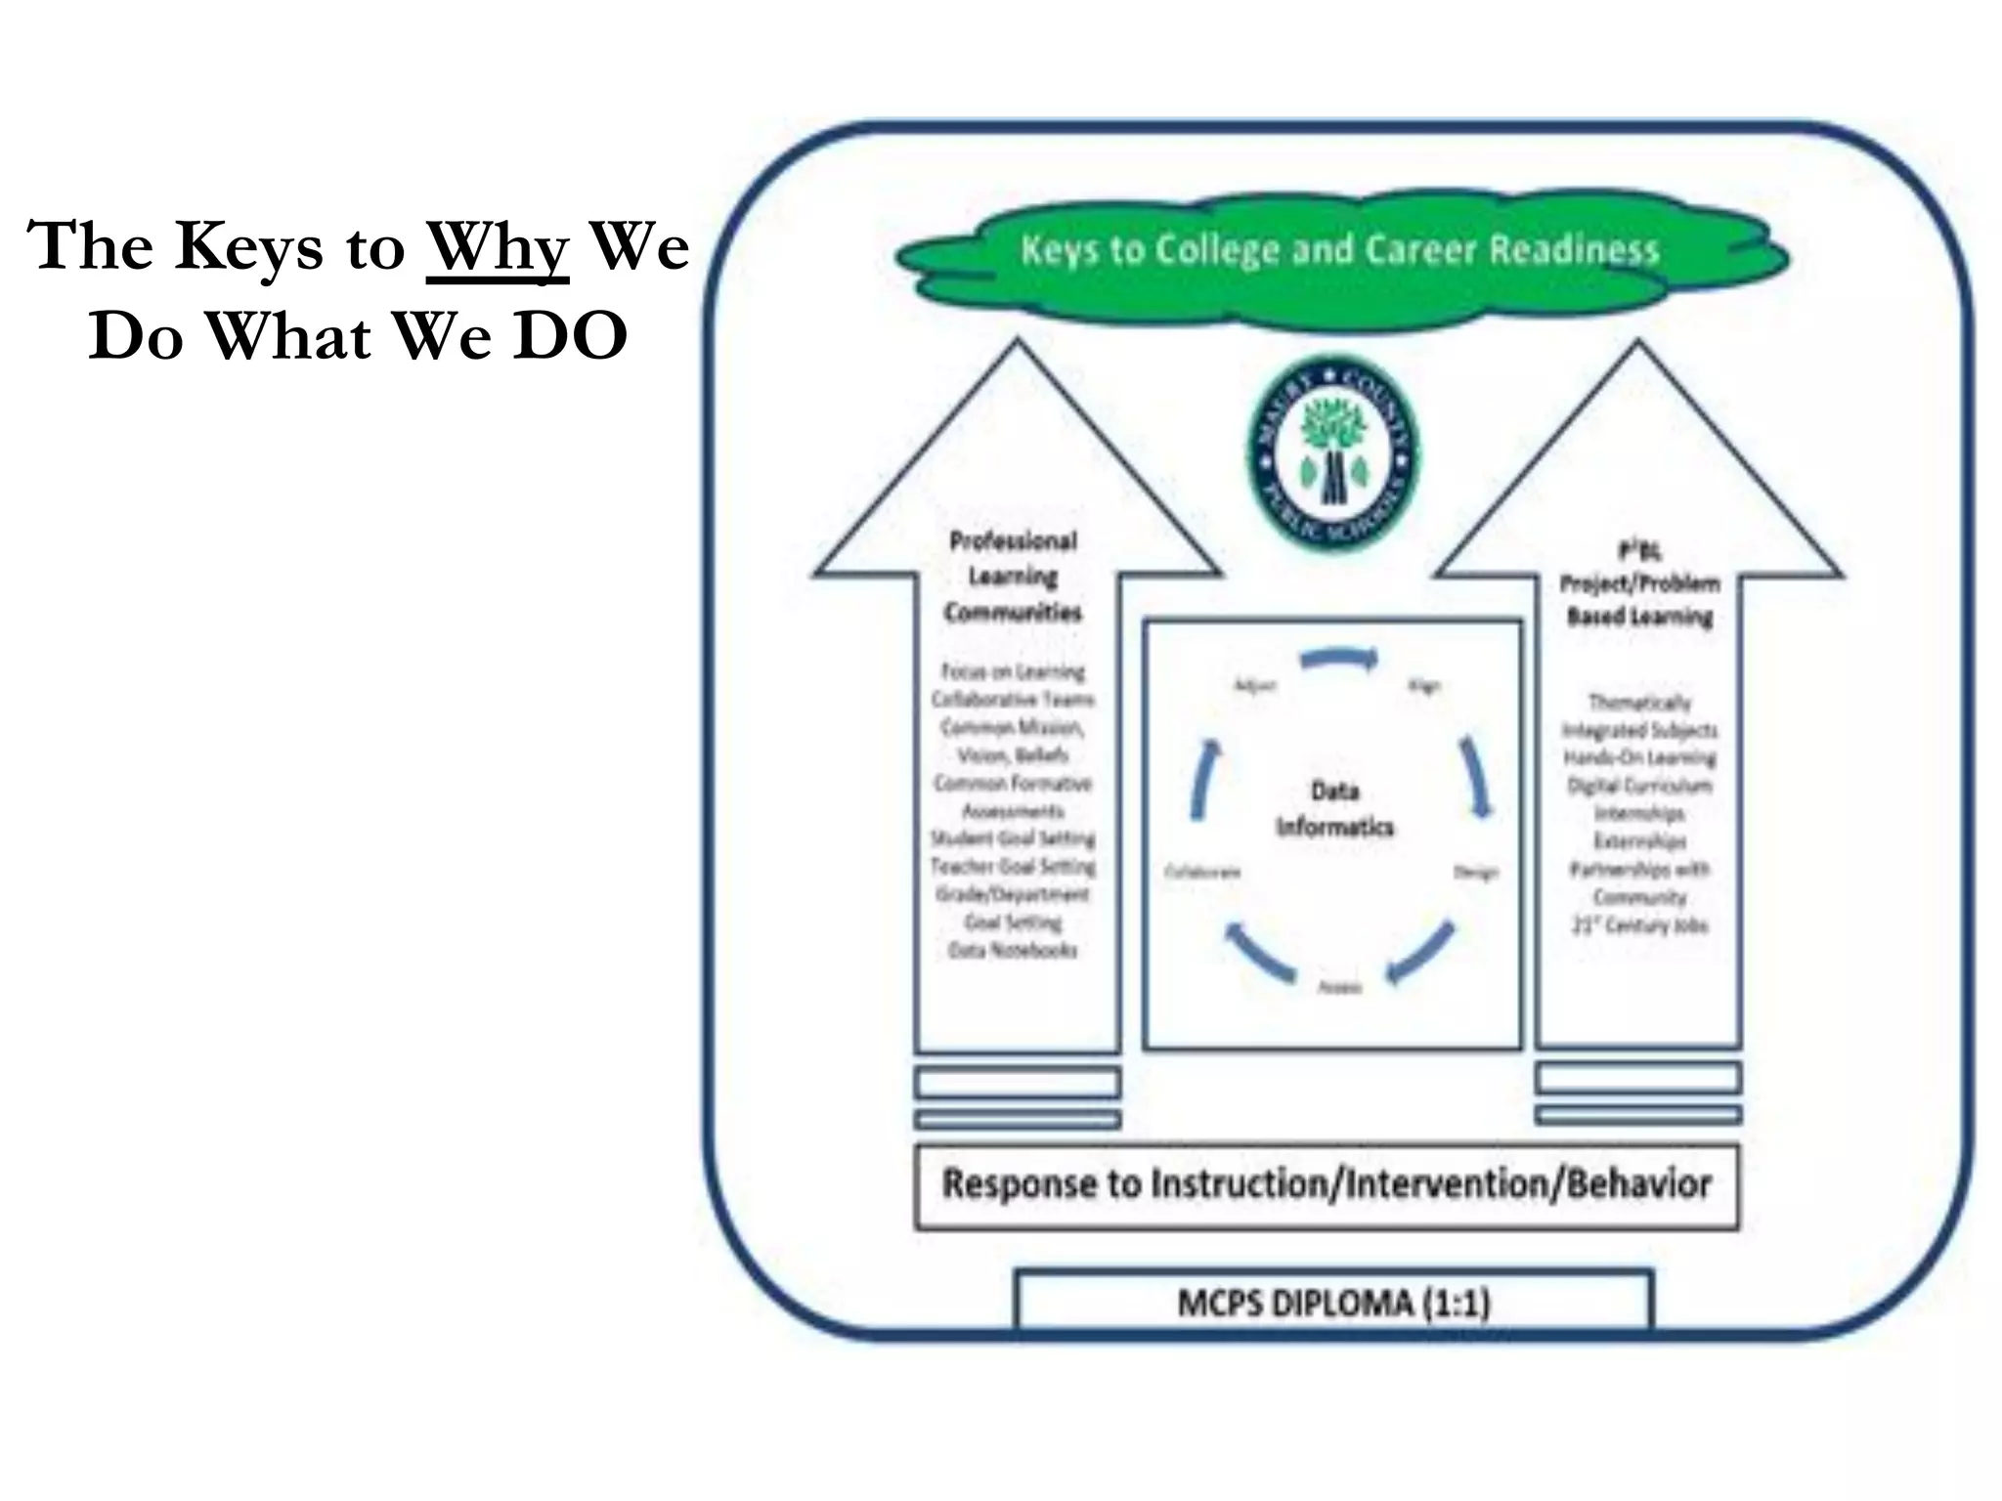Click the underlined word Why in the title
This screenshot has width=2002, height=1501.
point(497,247)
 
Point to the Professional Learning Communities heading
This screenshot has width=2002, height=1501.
point(1013,577)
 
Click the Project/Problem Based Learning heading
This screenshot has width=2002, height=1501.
point(1639,599)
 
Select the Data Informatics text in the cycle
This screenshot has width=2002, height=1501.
point(1334,809)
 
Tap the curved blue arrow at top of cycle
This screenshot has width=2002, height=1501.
point(1340,660)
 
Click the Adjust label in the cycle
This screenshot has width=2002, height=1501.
point(1255,685)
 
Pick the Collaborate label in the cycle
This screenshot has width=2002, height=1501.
point(1202,872)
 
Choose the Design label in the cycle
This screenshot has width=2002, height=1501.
point(1475,873)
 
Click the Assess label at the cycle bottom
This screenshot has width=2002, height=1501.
point(1339,987)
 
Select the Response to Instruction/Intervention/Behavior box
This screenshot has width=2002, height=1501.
point(1327,1185)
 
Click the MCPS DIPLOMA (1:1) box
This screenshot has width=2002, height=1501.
point(1333,1303)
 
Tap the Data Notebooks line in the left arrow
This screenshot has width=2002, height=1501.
point(1013,950)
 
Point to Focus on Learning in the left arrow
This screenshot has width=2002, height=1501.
point(1013,671)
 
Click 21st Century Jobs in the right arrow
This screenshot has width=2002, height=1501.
point(1639,924)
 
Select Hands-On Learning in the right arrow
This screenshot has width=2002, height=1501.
point(1639,757)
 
